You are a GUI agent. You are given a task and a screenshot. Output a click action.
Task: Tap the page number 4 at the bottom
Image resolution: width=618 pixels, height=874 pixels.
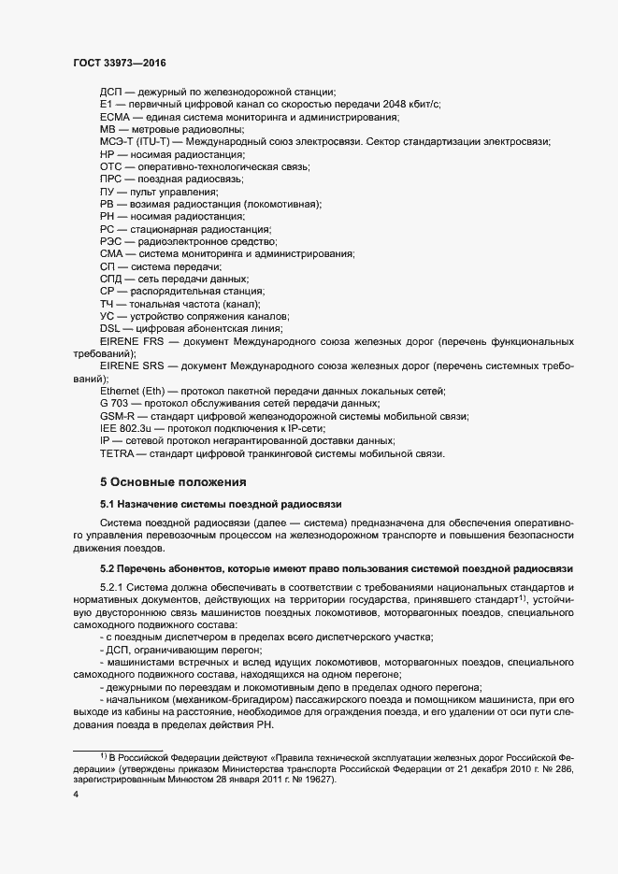coord(75,795)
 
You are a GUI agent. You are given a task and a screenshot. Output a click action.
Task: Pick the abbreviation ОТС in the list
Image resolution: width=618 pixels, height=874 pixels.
coord(112,165)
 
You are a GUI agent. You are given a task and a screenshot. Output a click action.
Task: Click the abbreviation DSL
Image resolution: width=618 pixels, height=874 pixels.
coord(111,328)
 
